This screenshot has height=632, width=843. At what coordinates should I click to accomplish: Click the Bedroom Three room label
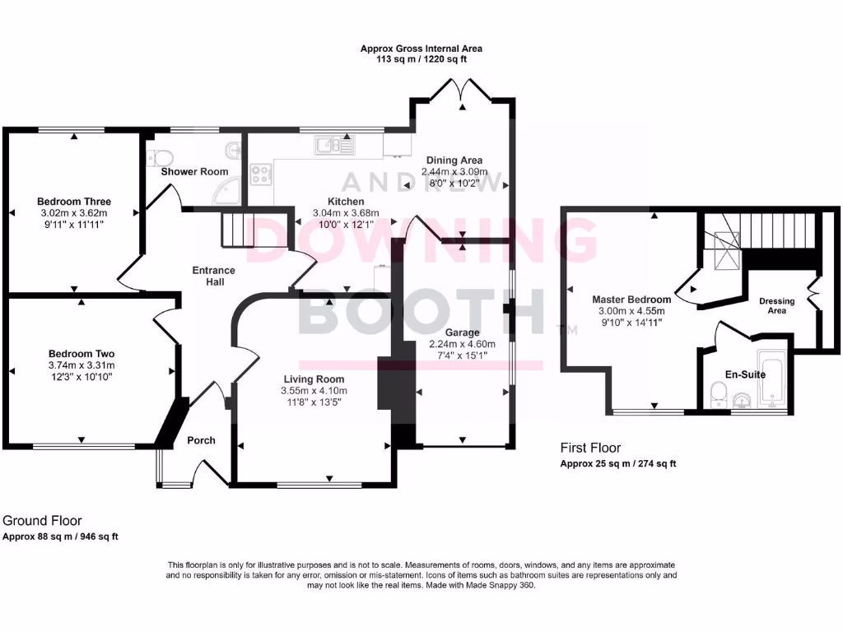(74, 202)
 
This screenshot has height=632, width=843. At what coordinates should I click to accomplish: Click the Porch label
(201, 440)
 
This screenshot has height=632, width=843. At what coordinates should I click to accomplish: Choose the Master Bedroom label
(628, 300)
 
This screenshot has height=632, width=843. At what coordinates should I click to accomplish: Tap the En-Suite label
(745, 374)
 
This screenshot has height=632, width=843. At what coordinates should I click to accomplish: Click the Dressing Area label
(776, 305)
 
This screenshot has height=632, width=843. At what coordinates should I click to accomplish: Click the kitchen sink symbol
(333, 146)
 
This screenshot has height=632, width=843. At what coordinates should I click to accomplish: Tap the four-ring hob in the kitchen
(262, 174)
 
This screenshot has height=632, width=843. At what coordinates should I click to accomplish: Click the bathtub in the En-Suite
(773, 381)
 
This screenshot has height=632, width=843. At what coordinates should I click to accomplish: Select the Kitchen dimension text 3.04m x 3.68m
(346, 213)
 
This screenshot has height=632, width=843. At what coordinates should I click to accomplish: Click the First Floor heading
(590, 448)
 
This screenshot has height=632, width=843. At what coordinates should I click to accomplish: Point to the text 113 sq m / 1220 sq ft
(421, 59)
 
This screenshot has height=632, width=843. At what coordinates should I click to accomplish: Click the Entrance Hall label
(213, 276)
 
